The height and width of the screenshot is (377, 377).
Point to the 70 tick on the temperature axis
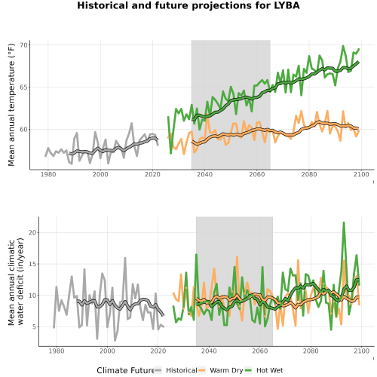23,45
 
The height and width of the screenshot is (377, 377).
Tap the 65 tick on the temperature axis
23,87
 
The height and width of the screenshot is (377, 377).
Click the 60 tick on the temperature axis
23,130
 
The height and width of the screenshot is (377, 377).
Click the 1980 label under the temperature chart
48,174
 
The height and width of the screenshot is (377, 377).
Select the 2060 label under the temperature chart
257,174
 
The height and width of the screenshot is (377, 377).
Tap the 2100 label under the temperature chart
361,174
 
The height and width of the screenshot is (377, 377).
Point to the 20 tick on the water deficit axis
32,232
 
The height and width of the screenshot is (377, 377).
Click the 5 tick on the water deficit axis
34,326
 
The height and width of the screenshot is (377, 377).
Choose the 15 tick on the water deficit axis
32,264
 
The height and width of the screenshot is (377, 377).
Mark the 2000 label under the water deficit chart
107,351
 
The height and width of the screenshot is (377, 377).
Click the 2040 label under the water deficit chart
209,351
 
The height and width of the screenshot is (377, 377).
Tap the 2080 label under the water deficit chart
311,351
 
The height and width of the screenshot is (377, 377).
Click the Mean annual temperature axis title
11,105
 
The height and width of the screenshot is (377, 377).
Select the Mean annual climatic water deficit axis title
16,281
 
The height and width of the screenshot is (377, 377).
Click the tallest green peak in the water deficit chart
344,222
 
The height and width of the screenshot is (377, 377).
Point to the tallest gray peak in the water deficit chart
125,258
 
